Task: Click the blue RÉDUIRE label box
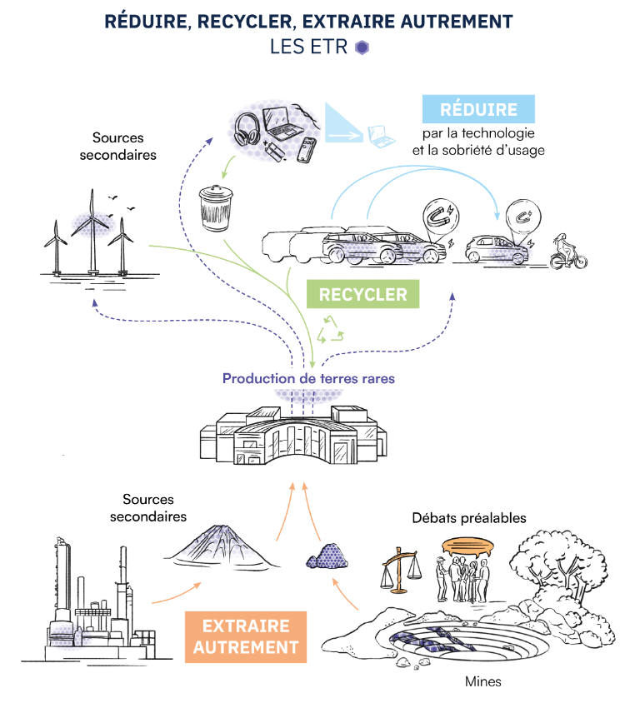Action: [x=478, y=109]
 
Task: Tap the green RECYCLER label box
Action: [x=362, y=294]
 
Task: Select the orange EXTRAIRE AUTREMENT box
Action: [x=246, y=636]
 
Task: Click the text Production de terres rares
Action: [x=308, y=378]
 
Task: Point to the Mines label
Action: [x=483, y=681]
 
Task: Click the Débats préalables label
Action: [x=469, y=517]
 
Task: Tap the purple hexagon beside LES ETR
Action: [x=361, y=47]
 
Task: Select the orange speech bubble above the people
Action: [x=469, y=546]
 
